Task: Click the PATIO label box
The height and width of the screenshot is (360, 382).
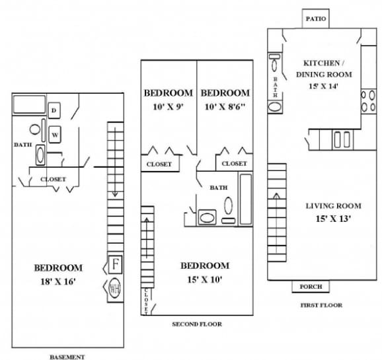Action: (315, 18)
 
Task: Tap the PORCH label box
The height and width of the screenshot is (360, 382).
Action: (311, 287)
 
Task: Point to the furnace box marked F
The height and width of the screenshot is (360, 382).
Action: (116, 265)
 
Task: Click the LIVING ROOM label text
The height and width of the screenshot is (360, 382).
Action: (333, 206)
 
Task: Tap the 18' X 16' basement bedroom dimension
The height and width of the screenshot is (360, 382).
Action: (58, 281)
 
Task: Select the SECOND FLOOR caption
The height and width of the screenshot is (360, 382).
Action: (196, 324)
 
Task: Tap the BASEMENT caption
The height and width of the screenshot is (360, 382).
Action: (67, 357)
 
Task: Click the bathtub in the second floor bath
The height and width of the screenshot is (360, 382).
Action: (245, 196)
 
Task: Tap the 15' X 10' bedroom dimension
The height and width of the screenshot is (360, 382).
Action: (205, 279)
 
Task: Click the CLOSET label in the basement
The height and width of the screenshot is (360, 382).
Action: (53, 179)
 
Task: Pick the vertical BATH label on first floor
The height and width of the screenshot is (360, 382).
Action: (275, 86)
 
